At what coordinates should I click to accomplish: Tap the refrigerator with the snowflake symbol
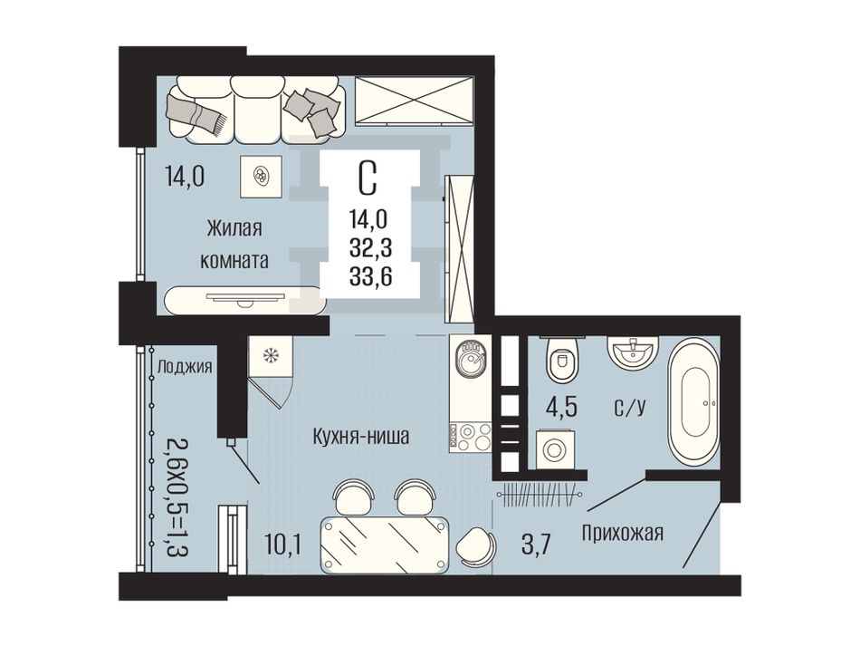click(x=270, y=356)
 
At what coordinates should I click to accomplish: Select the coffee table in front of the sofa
click(x=261, y=176)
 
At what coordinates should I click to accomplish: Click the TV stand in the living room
click(x=244, y=300)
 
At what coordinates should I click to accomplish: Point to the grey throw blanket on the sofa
click(x=198, y=113)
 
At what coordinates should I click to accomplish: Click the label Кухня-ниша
click(x=361, y=437)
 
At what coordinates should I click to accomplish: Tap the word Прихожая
click(x=623, y=533)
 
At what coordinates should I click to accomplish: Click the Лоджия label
click(x=185, y=366)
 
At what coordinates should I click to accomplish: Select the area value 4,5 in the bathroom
click(x=561, y=409)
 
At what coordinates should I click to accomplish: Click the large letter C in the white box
click(x=368, y=178)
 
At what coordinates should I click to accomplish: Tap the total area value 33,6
click(x=371, y=276)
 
